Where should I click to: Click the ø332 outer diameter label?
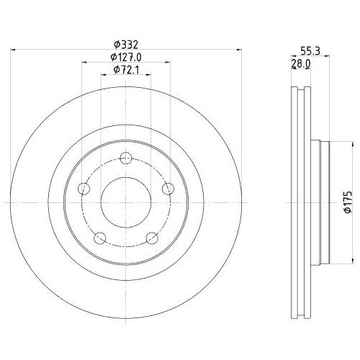126,42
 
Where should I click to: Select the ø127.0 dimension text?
126,56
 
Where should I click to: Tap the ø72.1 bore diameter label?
126,70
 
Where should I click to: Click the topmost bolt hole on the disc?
127,158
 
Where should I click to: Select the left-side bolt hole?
84,189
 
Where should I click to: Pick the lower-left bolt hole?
100,238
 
